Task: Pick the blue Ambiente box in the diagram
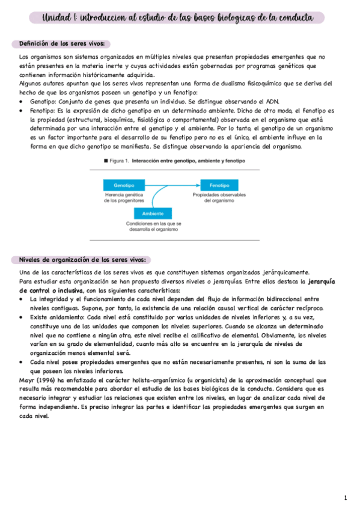153,214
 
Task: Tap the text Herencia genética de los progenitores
123,198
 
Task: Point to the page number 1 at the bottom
346,498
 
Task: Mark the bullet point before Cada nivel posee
22,363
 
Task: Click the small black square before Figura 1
106,162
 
